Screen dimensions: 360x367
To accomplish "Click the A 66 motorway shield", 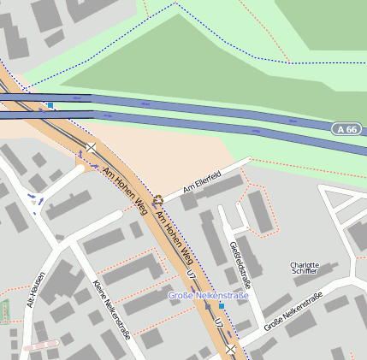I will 346,129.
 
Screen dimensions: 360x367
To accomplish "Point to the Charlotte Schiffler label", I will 305,269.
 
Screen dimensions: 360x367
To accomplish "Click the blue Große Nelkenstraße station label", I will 208,295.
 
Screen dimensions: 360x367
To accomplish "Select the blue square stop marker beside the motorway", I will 50,106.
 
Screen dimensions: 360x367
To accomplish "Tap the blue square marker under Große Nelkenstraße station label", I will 222,305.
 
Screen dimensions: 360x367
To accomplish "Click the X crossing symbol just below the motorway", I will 91,149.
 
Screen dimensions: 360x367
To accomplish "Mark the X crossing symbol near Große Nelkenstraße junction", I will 230,349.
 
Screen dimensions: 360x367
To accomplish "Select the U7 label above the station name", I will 192,275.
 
